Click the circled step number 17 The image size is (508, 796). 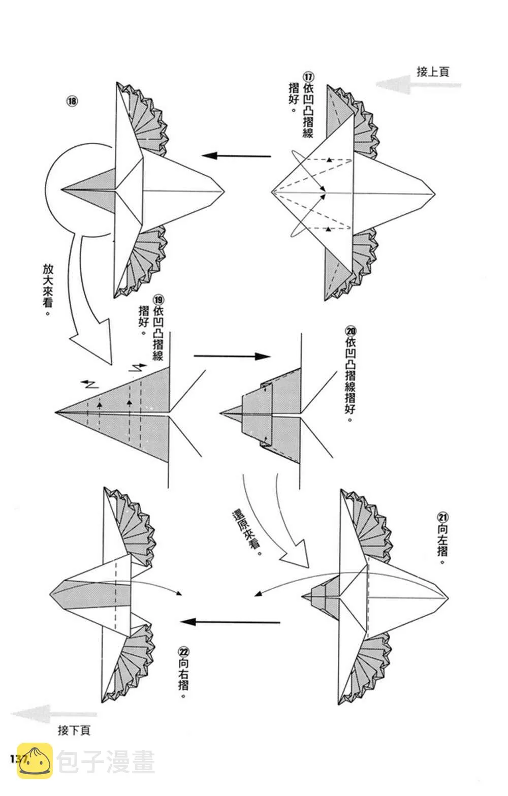pyautogui.click(x=308, y=77)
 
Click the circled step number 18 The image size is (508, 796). pyautogui.click(x=72, y=101)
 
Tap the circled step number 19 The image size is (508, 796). pyautogui.click(x=158, y=300)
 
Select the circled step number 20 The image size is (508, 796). pyautogui.click(x=351, y=331)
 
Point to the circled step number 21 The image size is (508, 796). pyautogui.click(x=443, y=517)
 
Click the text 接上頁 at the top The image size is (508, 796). pyautogui.click(x=433, y=72)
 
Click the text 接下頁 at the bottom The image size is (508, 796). pyautogui.click(x=74, y=730)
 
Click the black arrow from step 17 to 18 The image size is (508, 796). pyautogui.click(x=236, y=155)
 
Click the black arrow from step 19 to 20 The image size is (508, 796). pyautogui.click(x=233, y=356)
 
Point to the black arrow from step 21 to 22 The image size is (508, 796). pyautogui.click(x=230, y=622)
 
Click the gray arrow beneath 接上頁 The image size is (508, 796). pyautogui.click(x=419, y=84)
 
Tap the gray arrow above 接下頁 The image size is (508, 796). pyautogui.click(x=54, y=713)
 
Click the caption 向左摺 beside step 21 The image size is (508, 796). pyautogui.click(x=442, y=544)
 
